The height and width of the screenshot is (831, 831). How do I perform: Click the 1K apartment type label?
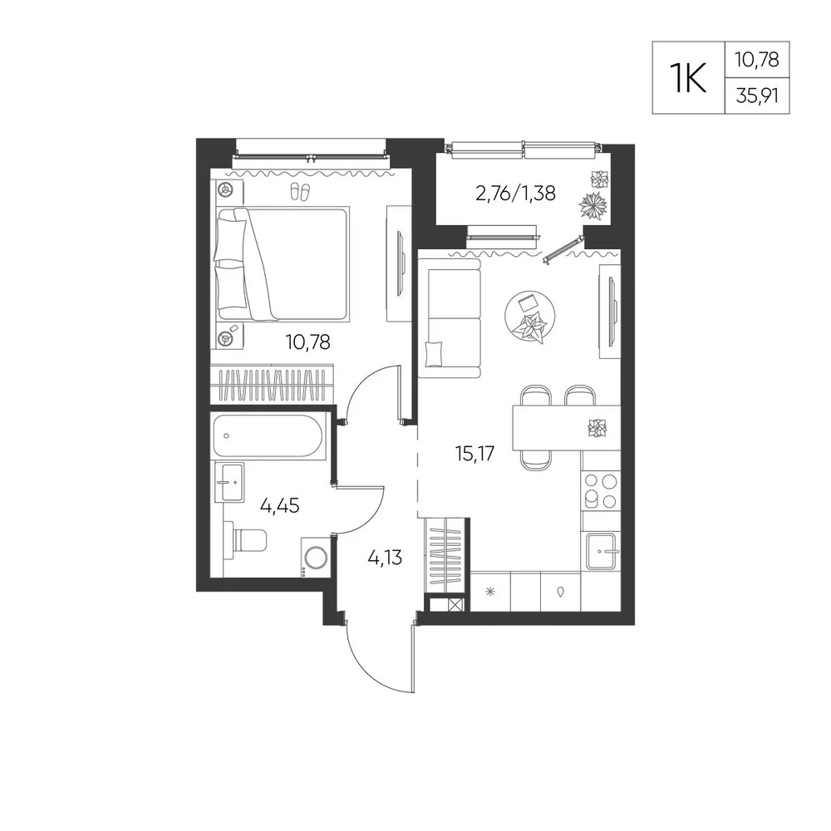coord(688,78)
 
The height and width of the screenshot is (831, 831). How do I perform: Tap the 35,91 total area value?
coord(757,96)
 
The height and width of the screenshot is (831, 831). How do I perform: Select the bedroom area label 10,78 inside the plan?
coord(308,342)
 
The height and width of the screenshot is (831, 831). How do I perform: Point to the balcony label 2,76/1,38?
coord(516,193)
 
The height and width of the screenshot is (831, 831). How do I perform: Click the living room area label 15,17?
coord(475,453)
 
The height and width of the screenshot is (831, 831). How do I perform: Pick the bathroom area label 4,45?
coord(279,505)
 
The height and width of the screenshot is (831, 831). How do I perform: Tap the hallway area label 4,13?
coord(385,558)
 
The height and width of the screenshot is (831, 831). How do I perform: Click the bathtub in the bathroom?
coord(268,436)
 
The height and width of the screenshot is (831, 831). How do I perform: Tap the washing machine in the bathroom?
coord(315,557)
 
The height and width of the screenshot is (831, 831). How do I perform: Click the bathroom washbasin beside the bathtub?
coord(229,482)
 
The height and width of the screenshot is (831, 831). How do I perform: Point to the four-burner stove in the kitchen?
coord(601,491)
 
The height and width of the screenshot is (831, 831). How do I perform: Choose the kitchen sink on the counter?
coord(601,551)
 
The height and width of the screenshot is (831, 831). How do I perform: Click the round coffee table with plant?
coord(530,317)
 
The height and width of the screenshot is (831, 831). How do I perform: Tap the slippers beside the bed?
coord(301,191)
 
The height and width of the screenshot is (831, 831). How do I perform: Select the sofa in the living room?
coord(450,318)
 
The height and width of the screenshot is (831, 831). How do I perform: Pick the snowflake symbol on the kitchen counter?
coord(490,591)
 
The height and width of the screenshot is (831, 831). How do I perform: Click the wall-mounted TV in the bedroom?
coord(401,263)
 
